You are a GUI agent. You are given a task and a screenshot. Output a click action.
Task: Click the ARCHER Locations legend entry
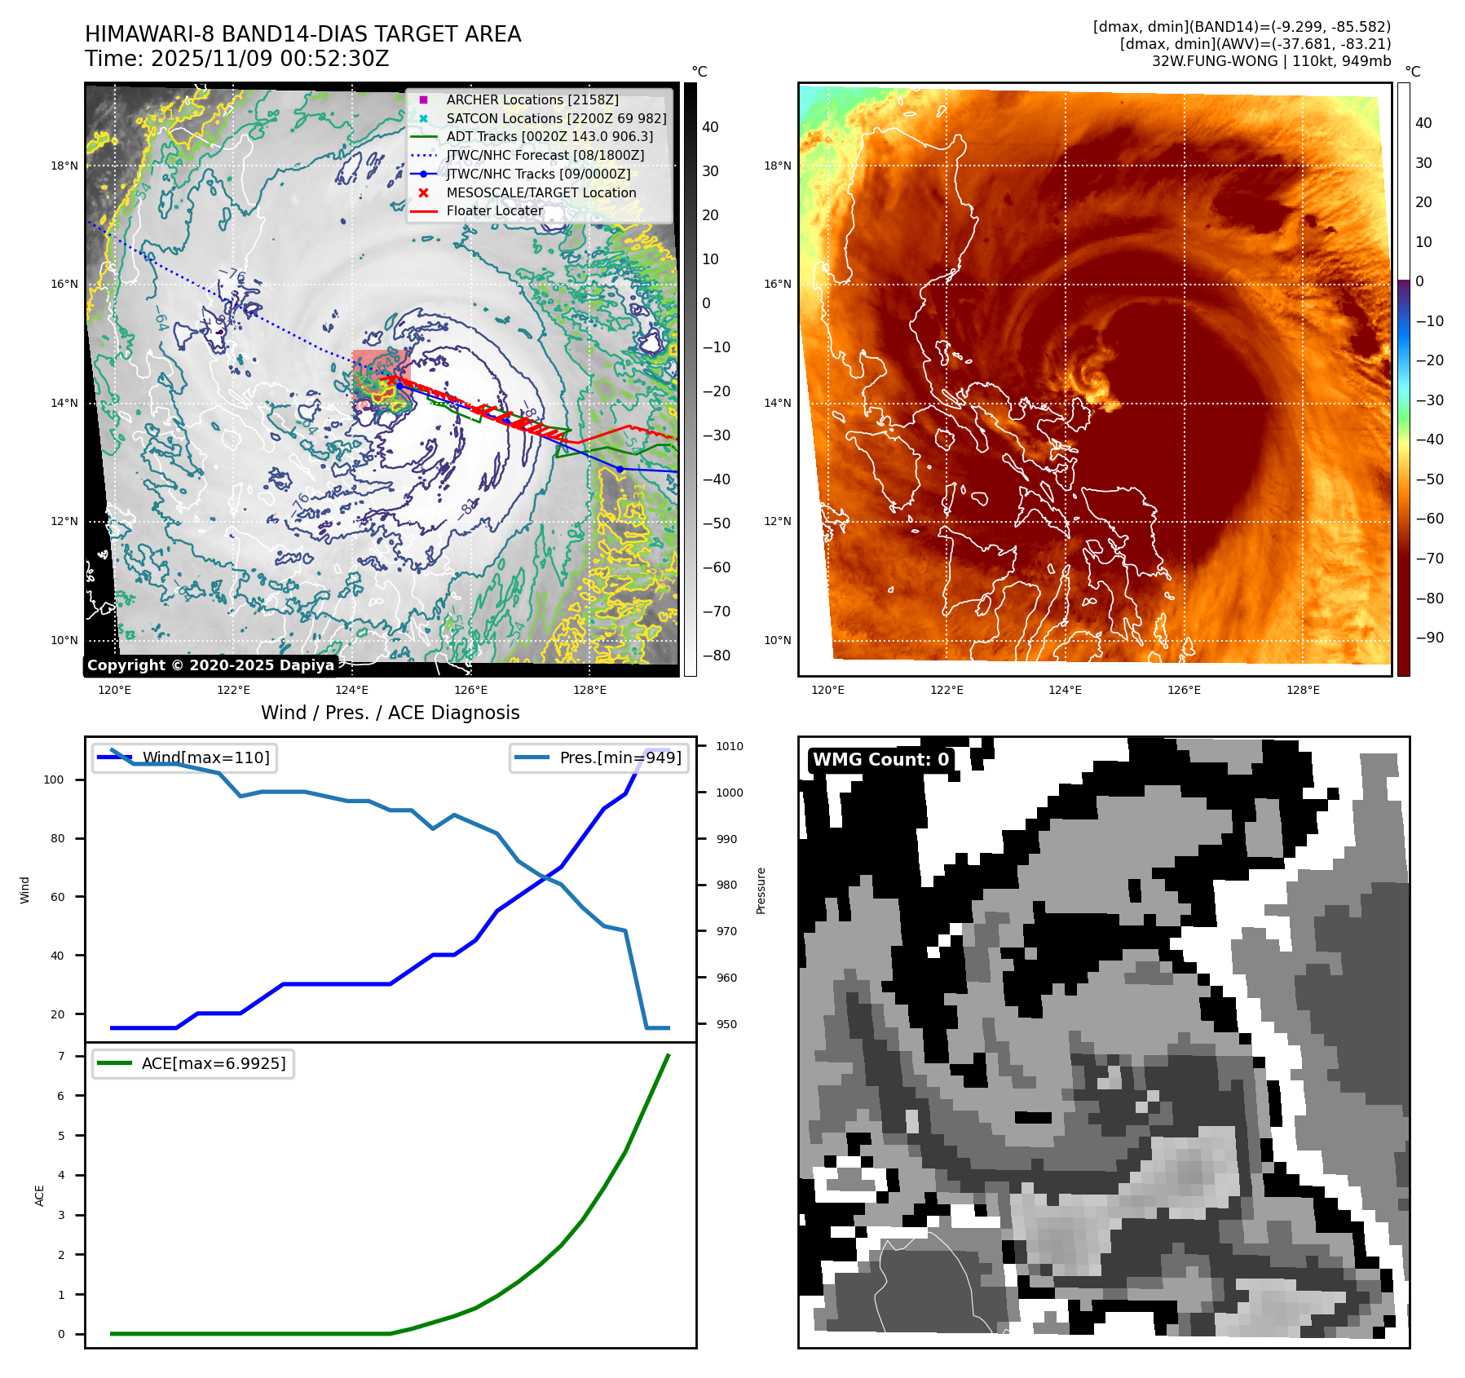(532, 99)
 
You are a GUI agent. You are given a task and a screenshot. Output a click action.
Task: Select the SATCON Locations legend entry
(556, 118)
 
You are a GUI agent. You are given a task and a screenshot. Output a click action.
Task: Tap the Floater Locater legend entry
(494, 210)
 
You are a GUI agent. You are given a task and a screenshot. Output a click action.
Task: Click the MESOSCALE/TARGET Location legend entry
(541, 192)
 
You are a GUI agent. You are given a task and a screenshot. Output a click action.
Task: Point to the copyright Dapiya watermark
(210, 665)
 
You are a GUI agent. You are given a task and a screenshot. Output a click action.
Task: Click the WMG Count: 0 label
(880, 759)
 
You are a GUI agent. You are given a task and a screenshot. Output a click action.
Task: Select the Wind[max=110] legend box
(184, 757)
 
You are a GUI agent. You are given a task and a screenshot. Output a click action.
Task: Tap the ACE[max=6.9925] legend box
(193, 1063)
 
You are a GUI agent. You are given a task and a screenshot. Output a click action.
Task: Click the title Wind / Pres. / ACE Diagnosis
(390, 713)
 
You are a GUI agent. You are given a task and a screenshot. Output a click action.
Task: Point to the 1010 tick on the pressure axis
(729, 746)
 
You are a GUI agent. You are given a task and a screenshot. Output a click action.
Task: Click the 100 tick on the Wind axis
(53, 780)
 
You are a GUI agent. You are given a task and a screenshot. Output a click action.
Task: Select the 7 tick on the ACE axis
(61, 1056)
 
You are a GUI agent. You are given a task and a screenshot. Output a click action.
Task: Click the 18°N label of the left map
(64, 166)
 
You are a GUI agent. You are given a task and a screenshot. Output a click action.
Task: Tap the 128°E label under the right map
(1302, 690)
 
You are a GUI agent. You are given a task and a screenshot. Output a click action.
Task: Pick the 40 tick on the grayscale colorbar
(710, 127)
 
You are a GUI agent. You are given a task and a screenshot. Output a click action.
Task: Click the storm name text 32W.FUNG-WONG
(1215, 61)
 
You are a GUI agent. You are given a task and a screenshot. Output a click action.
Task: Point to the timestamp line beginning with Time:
(236, 59)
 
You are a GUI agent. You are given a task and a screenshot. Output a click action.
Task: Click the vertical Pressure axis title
(761, 890)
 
